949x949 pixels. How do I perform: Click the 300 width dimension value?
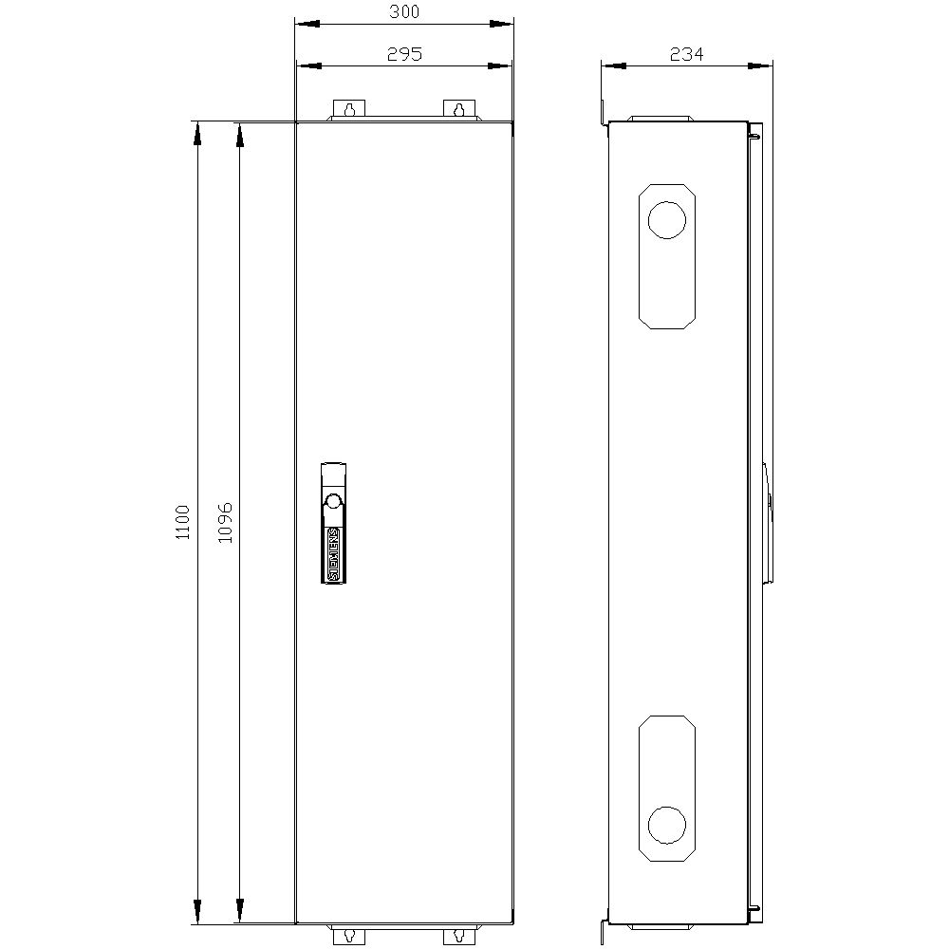[x=404, y=12]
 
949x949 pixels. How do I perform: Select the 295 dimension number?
[x=404, y=54]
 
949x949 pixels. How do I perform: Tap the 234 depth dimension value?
[x=686, y=54]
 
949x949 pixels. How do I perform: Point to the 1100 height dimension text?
[x=183, y=522]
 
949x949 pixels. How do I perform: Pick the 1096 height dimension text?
[x=225, y=522]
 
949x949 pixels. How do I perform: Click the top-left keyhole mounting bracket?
[x=349, y=110]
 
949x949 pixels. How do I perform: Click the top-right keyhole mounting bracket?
[x=460, y=110]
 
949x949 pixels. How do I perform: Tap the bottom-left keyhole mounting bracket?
[x=349, y=935]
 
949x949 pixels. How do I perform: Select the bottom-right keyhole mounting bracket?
[x=460, y=935]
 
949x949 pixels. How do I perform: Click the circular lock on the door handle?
[x=332, y=501]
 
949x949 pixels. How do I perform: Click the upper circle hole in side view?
[x=666, y=220]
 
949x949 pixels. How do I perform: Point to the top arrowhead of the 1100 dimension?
[x=197, y=134]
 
